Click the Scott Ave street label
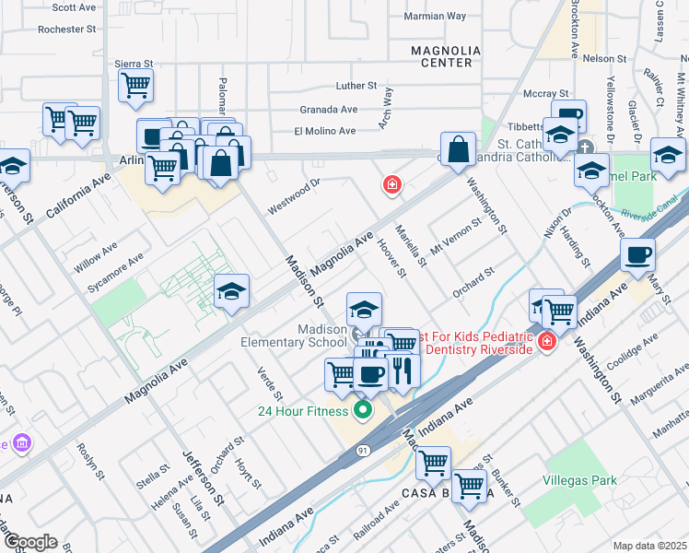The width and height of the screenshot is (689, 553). (75, 7)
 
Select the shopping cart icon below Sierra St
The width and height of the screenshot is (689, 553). (136, 87)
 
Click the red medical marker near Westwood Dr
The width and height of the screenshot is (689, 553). (392, 186)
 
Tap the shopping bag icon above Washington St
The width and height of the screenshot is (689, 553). (458, 150)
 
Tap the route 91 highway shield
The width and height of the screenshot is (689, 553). (364, 450)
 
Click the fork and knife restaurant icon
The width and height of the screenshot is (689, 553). (403, 371)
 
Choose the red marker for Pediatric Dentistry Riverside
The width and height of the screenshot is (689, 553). (547, 342)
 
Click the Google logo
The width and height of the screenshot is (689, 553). (29, 542)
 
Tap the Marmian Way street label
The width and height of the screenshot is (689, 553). (436, 17)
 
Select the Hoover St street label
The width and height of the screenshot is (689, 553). (391, 257)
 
